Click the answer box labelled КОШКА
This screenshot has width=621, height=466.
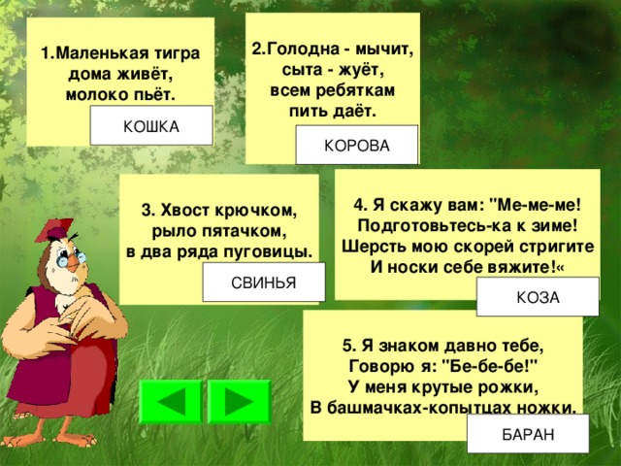point(151,126)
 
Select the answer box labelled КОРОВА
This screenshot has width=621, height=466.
point(357,146)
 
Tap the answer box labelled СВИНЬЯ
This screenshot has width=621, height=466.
point(262,282)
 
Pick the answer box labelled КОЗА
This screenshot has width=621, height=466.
point(539,297)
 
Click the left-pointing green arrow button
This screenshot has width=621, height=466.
point(171,402)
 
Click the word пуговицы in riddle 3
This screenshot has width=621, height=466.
point(271,252)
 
